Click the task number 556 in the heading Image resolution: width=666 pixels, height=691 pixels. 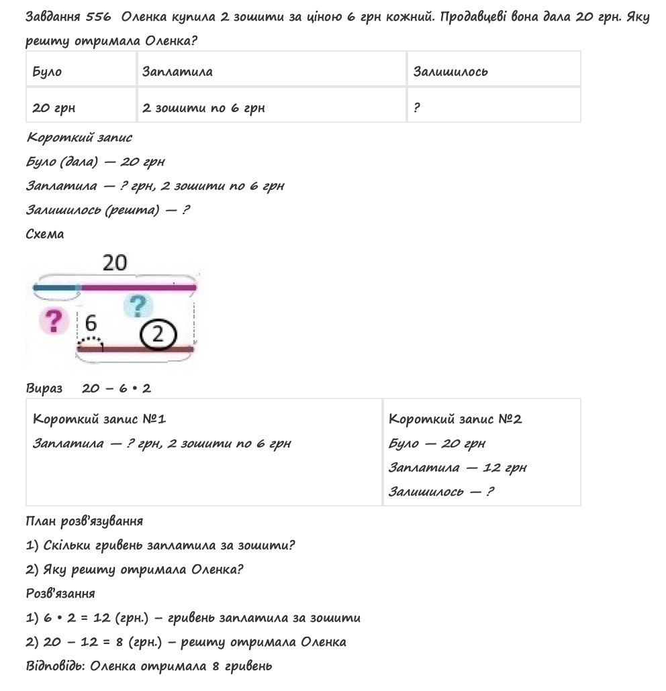(98, 17)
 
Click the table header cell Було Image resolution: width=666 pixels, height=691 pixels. (47, 71)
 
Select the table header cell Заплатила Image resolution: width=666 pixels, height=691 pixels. (177, 71)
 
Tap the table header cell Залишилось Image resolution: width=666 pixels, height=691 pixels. (450, 71)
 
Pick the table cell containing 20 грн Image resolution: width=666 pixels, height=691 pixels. (54, 107)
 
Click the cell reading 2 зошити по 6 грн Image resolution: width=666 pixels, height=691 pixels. (203, 107)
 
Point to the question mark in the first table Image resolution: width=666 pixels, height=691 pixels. (417, 107)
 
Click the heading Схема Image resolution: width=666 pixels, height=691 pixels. (45, 234)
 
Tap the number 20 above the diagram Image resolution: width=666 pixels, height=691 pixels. (115, 263)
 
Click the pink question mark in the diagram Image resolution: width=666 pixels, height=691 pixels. (54, 321)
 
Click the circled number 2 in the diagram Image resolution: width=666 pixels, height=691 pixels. (158, 333)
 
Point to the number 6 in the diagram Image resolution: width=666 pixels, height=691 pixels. (91, 324)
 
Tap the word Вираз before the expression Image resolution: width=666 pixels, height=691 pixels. (44, 388)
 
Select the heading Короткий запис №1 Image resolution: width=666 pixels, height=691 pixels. (99, 419)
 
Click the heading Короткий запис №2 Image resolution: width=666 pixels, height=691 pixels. (455, 419)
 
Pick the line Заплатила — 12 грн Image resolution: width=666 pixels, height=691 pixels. (457, 468)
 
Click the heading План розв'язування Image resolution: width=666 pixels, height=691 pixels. (84, 521)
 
